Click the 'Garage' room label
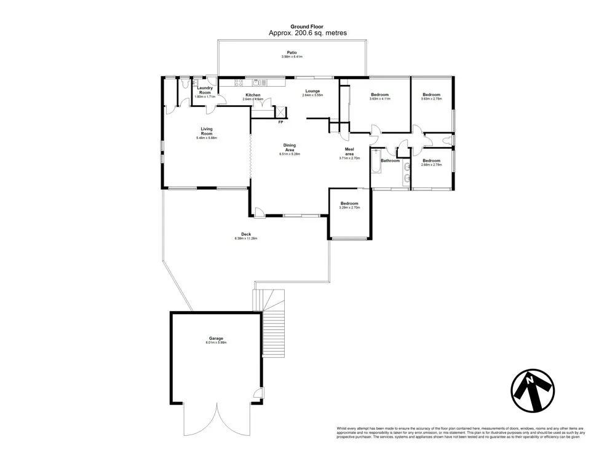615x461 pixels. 215,338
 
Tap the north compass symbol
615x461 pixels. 533,390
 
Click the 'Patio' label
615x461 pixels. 292,53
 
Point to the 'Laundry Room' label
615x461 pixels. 205,90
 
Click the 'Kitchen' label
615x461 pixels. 253,95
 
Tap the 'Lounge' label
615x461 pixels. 312,91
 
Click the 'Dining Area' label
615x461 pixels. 289,148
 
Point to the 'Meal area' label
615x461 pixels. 348,151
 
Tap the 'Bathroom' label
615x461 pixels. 390,160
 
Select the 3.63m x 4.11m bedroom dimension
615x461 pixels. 379,99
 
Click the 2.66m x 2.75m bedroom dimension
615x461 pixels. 431,165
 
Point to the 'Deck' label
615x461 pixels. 245,234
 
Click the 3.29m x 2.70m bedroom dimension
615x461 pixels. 349,208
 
